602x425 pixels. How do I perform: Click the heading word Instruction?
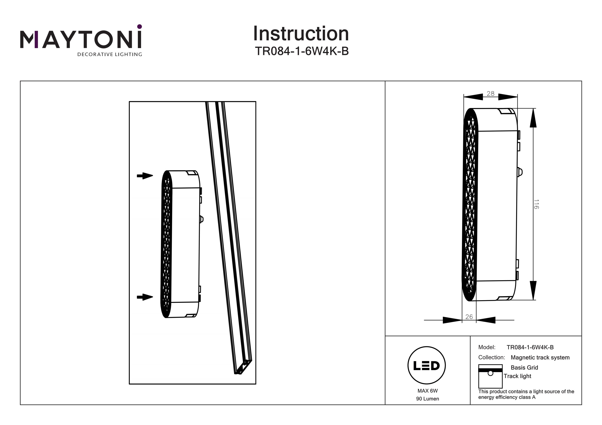coord(301,34)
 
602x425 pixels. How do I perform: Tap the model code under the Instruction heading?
coord(302,51)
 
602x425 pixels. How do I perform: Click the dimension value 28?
coord(491,94)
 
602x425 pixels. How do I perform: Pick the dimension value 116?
coord(536,204)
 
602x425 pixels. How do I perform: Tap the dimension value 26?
coord(469,317)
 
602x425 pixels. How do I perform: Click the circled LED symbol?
coord(427,365)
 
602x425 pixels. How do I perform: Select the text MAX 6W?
coord(428,391)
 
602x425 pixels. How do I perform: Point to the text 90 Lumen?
coord(428,399)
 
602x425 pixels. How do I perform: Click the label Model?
coord(487,347)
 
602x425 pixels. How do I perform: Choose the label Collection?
coord(492,357)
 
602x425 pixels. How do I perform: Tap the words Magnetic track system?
coord(540,357)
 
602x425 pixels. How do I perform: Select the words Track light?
coord(517,376)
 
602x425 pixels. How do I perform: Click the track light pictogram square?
coord(490,376)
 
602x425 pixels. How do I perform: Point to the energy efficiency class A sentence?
coord(526,394)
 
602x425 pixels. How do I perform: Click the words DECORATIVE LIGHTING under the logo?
coord(110,55)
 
